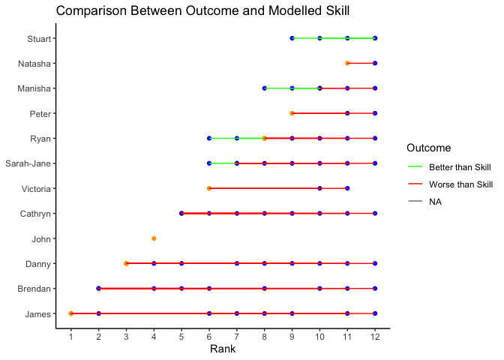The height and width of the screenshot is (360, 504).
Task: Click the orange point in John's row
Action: point(154,238)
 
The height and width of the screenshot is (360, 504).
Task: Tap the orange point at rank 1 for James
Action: point(71,313)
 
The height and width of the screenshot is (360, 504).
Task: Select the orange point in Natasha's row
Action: point(347,63)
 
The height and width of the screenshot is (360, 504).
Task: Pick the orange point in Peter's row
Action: point(292,113)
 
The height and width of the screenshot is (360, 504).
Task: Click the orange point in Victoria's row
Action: point(209,188)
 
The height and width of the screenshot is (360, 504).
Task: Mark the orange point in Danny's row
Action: point(126,263)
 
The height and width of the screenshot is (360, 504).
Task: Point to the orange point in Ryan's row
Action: point(264,138)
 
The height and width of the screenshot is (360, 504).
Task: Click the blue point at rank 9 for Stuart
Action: point(292,37)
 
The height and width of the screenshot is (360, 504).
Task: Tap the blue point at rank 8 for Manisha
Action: point(264,88)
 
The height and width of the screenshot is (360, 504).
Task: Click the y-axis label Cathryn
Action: point(33,214)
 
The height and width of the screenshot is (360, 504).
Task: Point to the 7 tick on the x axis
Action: point(237,336)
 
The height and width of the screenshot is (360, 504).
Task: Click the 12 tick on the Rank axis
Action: point(375,336)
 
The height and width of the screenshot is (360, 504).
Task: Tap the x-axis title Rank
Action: point(223,349)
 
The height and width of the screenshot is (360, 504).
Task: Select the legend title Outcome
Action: point(428,147)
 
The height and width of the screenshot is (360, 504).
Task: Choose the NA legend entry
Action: point(436,201)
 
